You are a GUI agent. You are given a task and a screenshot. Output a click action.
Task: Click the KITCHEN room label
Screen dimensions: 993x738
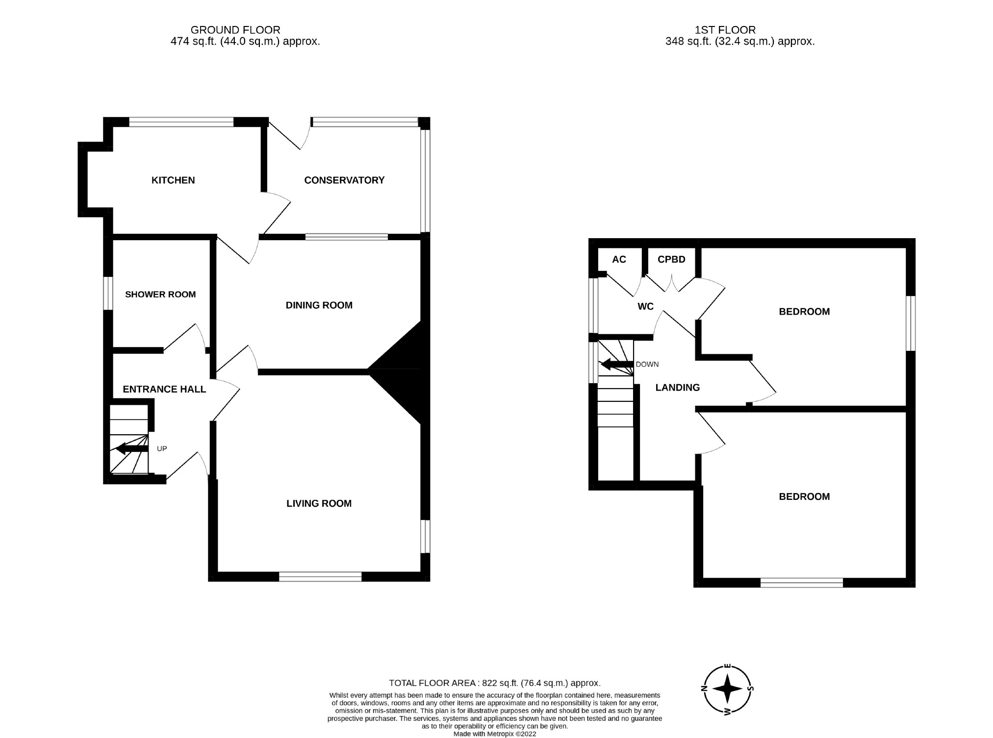pos(173,180)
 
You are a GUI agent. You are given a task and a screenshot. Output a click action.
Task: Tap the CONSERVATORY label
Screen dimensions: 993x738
pos(344,180)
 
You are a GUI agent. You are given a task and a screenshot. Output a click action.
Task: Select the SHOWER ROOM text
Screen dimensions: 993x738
pos(160,295)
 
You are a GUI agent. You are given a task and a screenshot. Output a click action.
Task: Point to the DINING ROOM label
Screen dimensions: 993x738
pos(319,305)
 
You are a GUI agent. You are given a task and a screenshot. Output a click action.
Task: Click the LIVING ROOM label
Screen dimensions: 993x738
pos(319,503)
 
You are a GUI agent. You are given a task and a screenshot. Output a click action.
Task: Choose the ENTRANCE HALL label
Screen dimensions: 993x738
pos(164,389)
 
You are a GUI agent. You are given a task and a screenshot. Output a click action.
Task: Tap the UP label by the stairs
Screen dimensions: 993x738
pos(162,448)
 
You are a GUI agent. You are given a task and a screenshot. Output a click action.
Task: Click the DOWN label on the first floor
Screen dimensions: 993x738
pos(647,365)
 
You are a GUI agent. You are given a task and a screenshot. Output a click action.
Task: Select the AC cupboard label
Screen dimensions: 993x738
pos(619,259)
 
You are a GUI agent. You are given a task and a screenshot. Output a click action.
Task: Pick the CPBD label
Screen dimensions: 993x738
pos(671,259)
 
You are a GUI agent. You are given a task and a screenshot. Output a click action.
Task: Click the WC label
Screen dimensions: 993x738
pos(645,307)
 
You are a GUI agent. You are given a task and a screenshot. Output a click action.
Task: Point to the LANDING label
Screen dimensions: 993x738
pos(678,388)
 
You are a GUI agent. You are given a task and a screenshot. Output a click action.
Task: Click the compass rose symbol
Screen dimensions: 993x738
pos(728,689)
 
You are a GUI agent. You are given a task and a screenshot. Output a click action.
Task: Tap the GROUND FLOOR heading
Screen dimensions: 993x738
pos(235,30)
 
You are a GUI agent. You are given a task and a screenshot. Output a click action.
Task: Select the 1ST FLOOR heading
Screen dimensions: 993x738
pos(725,30)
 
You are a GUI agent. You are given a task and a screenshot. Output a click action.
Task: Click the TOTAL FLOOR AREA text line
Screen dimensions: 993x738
pos(495,683)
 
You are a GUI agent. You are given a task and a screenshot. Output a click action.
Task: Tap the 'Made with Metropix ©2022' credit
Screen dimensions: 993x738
pos(495,734)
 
